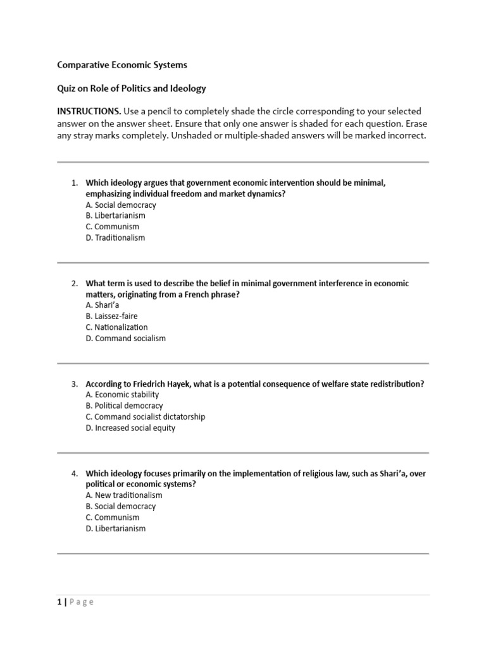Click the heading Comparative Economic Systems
(x=122, y=64)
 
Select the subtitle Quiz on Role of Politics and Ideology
(x=132, y=88)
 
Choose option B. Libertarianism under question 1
(x=115, y=215)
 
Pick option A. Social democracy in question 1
(x=120, y=205)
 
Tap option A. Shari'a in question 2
(x=103, y=305)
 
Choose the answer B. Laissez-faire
(x=111, y=316)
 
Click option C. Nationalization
(x=116, y=327)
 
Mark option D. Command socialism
(x=125, y=338)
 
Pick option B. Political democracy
(x=124, y=406)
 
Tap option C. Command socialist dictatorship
(x=145, y=416)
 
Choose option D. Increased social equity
(x=130, y=428)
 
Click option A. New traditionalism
(x=124, y=495)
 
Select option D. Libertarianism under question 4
(x=115, y=528)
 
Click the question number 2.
(x=74, y=284)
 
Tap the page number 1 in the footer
(x=59, y=602)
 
